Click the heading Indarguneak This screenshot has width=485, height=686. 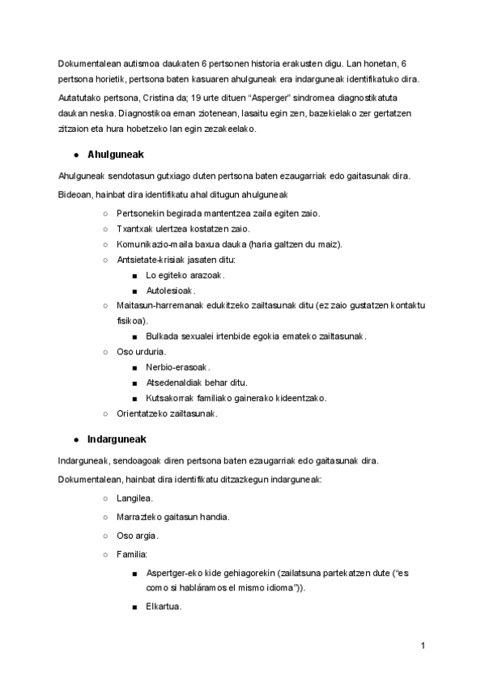tap(116, 439)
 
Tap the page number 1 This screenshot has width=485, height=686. tap(423, 646)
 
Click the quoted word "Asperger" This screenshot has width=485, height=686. tap(254, 97)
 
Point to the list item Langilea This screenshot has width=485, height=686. tap(135, 498)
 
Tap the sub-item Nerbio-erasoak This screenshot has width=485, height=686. tap(178, 366)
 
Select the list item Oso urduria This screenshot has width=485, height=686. tap(142, 351)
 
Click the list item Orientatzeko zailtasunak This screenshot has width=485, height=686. tap(167, 413)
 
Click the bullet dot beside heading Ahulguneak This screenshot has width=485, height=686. tap(75, 154)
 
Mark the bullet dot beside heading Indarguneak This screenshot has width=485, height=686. tap(75, 440)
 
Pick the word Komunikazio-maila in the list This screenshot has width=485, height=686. tap(154, 244)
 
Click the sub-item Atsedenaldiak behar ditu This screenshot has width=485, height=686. tap(197, 382)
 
